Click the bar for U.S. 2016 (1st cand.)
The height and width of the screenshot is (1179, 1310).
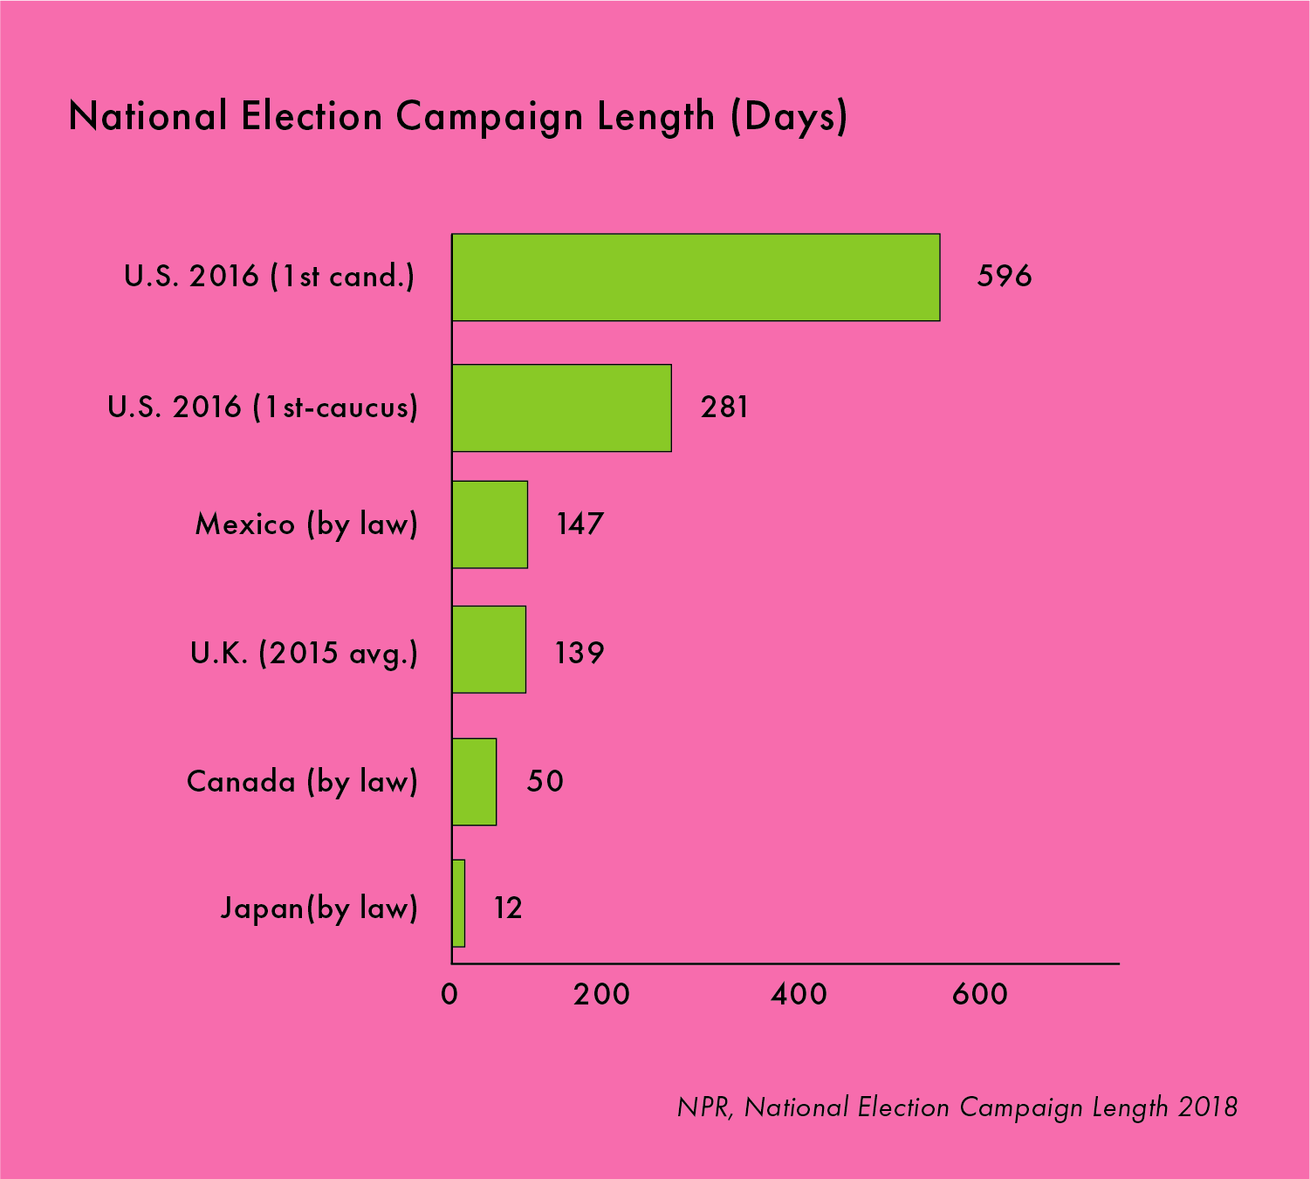(x=696, y=277)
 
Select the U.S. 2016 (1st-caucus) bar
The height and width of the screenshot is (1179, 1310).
(x=561, y=408)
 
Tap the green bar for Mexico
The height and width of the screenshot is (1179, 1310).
(x=490, y=524)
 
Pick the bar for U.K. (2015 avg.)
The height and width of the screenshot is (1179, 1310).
(x=489, y=649)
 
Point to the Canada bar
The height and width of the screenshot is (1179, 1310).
(x=474, y=782)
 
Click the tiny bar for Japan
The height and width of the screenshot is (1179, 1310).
(x=458, y=903)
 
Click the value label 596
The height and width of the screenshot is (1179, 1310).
(x=1005, y=276)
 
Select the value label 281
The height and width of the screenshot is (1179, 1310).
(x=724, y=407)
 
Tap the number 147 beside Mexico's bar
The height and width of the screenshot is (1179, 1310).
(x=580, y=524)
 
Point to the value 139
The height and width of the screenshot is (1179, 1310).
(x=580, y=653)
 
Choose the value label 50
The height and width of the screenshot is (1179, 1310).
(x=545, y=781)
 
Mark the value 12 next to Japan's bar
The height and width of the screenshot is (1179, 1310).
(x=508, y=908)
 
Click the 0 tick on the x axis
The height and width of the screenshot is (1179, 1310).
(x=449, y=994)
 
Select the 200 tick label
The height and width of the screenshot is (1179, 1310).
(x=601, y=994)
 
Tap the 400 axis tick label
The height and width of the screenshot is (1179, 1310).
(x=799, y=994)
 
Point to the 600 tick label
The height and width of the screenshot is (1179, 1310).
(x=979, y=994)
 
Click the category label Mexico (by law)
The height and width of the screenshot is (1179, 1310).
(x=307, y=524)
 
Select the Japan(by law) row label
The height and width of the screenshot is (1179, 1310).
(x=319, y=908)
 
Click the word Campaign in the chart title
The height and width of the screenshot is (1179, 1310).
(x=489, y=118)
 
